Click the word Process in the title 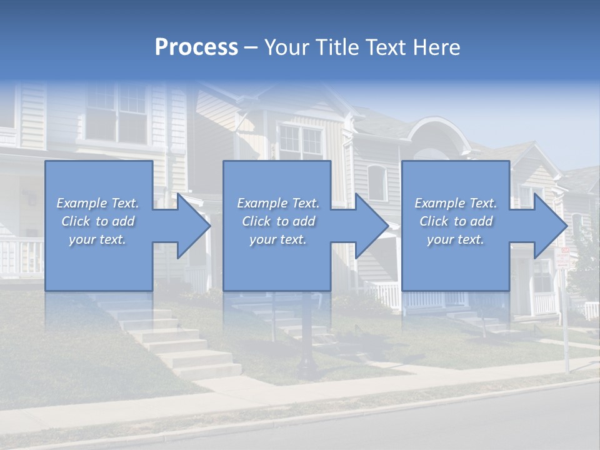point(196,47)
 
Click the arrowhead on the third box point(550,226)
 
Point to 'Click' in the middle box point(255,221)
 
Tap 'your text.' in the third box point(456,239)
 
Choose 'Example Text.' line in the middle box point(278,203)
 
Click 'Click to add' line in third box point(456,221)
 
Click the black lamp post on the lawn point(307,337)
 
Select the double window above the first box point(116,112)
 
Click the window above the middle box point(300,141)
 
